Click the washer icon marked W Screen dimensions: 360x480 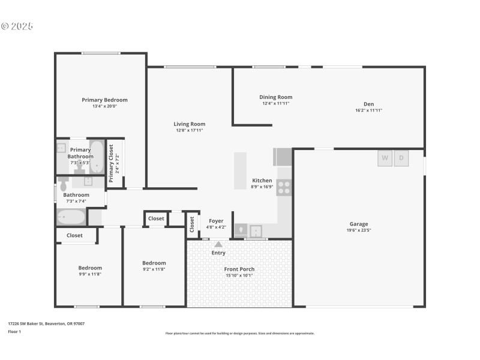(385, 158)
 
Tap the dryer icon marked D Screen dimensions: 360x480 (402, 158)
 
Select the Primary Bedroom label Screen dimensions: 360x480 (104, 100)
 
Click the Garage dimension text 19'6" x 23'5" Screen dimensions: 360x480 (359, 230)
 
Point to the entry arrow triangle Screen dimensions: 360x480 (218, 244)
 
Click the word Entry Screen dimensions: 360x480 (218, 253)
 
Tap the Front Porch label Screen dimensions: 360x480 (239, 269)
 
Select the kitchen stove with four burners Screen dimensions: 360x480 (284, 188)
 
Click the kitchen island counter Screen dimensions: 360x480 (240, 171)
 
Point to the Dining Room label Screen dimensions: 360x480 (275, 97)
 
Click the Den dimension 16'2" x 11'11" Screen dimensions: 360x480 (368, 110)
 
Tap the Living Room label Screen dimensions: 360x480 (190, 124)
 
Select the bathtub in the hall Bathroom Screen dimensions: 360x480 (71, 217)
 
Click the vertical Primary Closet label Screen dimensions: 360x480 (111, 163)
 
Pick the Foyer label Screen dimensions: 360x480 (216, 221)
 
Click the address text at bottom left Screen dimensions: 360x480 (46, 323)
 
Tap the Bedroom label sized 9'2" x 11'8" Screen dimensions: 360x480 (154, 263)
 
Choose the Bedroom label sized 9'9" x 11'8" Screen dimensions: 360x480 (90, 268)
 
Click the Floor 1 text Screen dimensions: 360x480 (14, 331)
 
